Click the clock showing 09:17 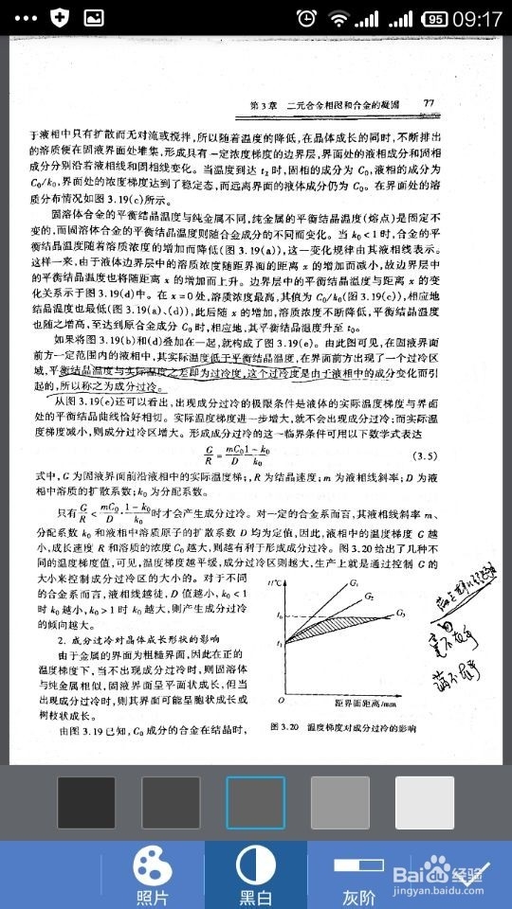(x=478, y=18)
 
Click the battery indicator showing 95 (x=435, y=18)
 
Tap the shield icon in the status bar (x=60, y=18)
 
